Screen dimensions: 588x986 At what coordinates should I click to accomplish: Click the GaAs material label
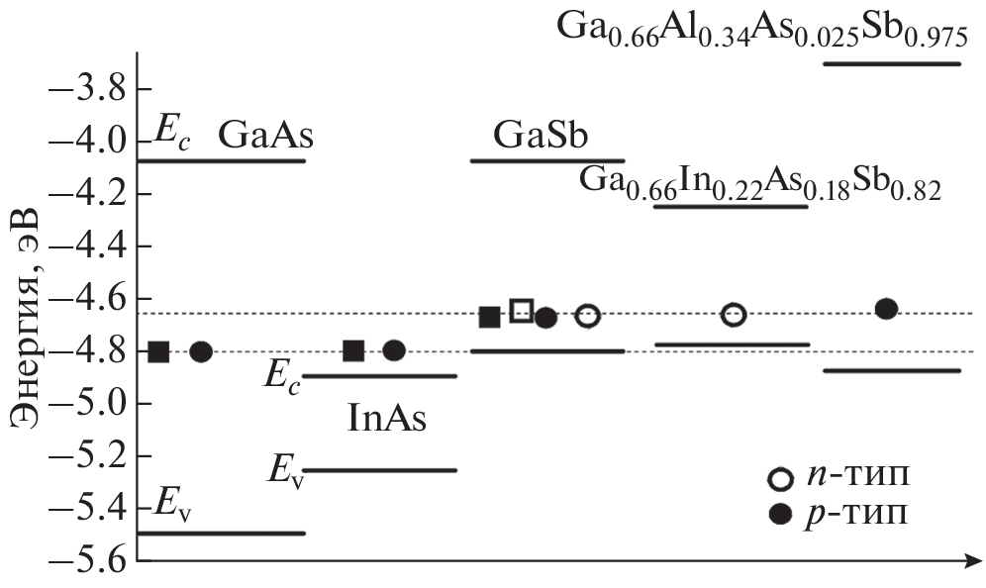pyautogui.click(x=260, y=135)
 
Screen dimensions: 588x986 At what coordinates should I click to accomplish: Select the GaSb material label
pyautogui.click(x=543, y=135)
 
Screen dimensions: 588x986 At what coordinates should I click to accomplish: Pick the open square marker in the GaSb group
pyautogui.click(x=522, y=311)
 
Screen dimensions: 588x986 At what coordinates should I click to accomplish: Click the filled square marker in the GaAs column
pyautogui.click(x=158, y=351)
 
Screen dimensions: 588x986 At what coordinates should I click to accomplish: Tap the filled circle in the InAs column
pyautogui.click(x=394, y=350)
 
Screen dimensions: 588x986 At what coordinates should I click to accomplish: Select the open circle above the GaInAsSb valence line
pyautogui.click(x=734, y=315)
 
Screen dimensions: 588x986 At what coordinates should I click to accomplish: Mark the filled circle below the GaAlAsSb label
pyautogui.click(x=886, y=309)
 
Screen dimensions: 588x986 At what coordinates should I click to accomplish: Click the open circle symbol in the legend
pyautogui.click(x=780, y=479)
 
